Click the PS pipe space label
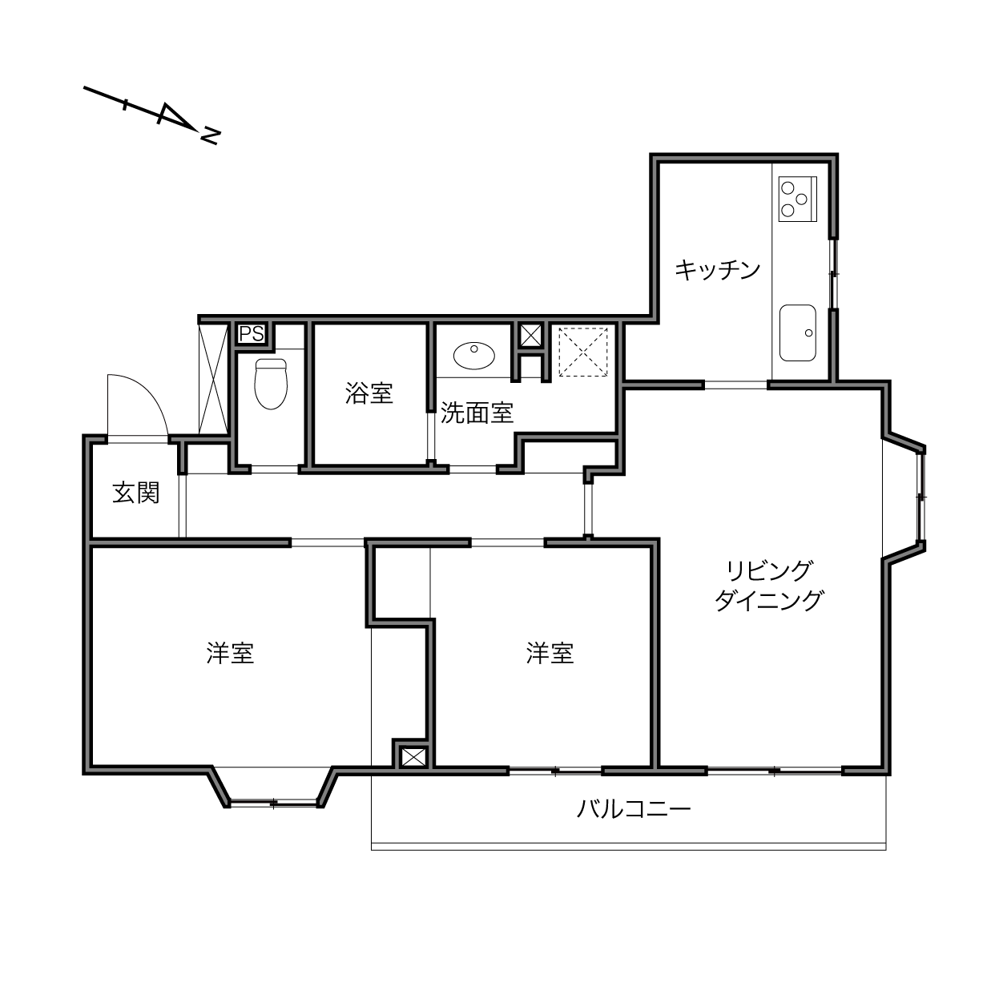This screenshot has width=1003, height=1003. tap(252, 333)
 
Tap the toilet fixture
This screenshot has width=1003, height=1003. tap(271, 384)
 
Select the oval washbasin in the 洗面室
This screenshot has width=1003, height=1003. tap(474, 356)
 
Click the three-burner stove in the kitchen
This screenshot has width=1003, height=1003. tap(797, 199)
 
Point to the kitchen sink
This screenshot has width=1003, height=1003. tap(797, 332)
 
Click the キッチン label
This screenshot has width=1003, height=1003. tap(717, 270)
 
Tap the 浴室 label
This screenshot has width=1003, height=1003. tap(369, 393)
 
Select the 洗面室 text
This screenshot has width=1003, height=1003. tap(477, 413)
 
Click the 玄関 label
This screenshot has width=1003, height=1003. tap(136, 493)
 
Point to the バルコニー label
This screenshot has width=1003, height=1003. tap(634, 809)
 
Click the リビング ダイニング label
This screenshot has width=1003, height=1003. tap(769, 586)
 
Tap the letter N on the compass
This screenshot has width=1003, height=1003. tap(210, 136)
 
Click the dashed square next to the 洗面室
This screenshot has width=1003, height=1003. tap(583, 352)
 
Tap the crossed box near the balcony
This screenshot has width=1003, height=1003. tap(413, 757)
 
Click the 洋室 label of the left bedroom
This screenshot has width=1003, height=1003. tap(230, 653)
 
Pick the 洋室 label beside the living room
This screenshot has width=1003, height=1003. tap(550, 653)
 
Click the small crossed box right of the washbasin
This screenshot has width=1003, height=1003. tap(530, 335)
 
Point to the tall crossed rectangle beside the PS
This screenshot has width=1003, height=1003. tap(213, 378)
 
